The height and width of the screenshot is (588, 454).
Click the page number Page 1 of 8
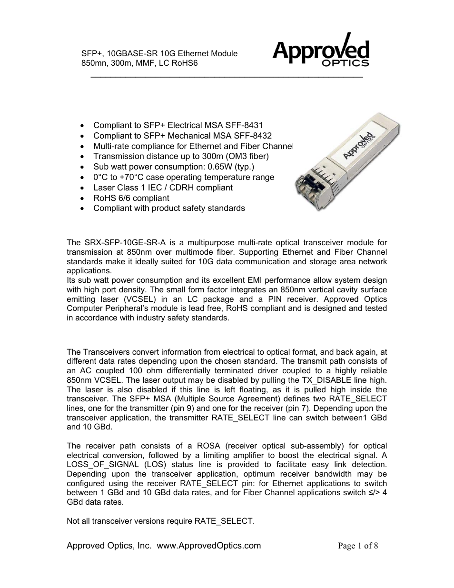tap(358, 546)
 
